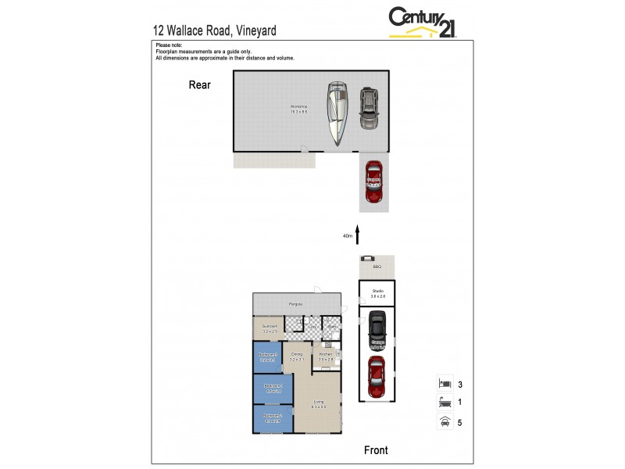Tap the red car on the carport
tap(373, 181)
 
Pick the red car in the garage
tap(377, 376)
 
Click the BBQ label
tap(377, 267)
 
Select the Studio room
tap(377, 294)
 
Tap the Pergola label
tap(295, 303)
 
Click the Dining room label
tap(296, 357)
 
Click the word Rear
tap(200, 85)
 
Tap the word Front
tap(376, 449)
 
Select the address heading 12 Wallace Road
tap(214, 31)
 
